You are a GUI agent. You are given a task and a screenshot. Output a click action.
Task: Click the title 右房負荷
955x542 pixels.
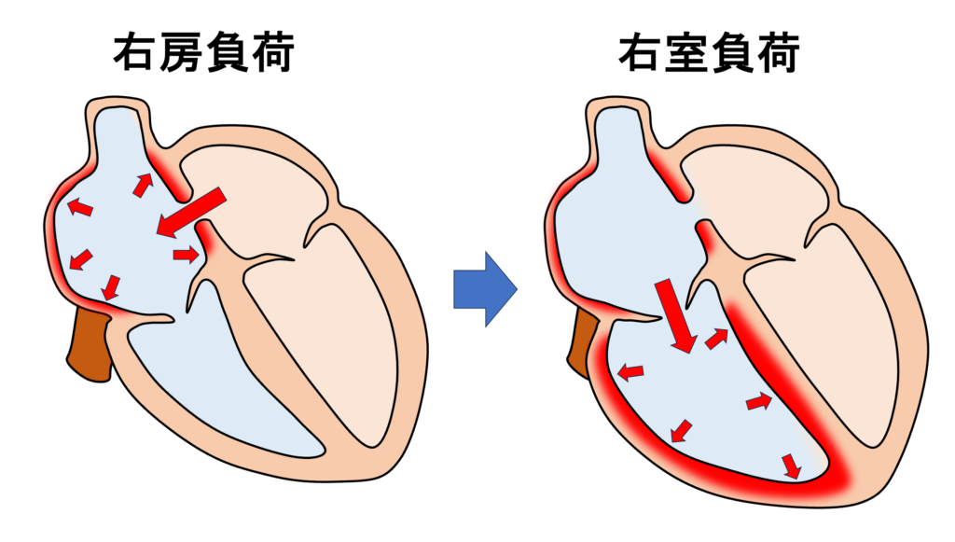[x=203, y=53]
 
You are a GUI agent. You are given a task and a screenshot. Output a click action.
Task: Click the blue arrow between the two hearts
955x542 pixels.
[x=484, y=289]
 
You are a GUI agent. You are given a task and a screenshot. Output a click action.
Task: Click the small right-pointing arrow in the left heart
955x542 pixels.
[x=186, y=254]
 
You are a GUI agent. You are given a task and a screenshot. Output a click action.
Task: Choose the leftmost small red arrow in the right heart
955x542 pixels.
[x=631, y=372]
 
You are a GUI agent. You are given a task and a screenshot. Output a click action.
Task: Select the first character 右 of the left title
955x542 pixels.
[x=134, y=53]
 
